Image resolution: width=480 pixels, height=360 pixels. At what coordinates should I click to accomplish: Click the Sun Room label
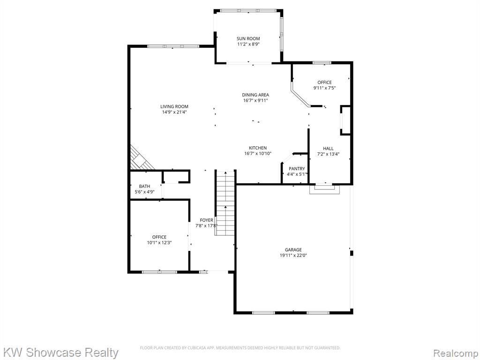tap(248, 38)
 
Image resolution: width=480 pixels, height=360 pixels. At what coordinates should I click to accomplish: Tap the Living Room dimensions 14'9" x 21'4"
tap(174, 112)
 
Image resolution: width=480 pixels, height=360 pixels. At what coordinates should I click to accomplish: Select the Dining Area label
tap(255, 95)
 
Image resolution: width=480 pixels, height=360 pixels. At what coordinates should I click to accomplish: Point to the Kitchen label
tap(258, 148)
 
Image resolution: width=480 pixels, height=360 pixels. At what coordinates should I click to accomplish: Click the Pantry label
tap(297, 169)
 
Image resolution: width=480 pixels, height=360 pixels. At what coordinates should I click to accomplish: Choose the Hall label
tap(328, 149)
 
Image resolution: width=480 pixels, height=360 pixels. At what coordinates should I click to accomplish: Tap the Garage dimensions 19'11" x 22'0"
tap(293, 255)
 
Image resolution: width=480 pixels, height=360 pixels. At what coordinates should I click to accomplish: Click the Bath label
tap(144, 186)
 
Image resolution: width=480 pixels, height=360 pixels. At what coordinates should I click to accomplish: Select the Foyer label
tap(207, 220)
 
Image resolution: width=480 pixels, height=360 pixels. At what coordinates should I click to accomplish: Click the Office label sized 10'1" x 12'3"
tap(159, 237)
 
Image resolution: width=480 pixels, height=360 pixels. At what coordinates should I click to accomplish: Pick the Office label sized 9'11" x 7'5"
tap(324, 82)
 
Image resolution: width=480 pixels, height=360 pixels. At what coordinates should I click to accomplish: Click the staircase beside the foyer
tap(225, 203)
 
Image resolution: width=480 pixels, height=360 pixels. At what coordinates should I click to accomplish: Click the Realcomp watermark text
tap(456, 353)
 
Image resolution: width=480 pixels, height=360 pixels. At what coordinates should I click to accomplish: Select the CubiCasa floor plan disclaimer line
tap(240, 348)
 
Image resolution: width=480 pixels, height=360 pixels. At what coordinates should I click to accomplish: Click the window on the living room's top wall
tap(173, 46)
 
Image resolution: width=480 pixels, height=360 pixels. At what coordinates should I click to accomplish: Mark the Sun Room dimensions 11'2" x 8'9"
tap(248, 45)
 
